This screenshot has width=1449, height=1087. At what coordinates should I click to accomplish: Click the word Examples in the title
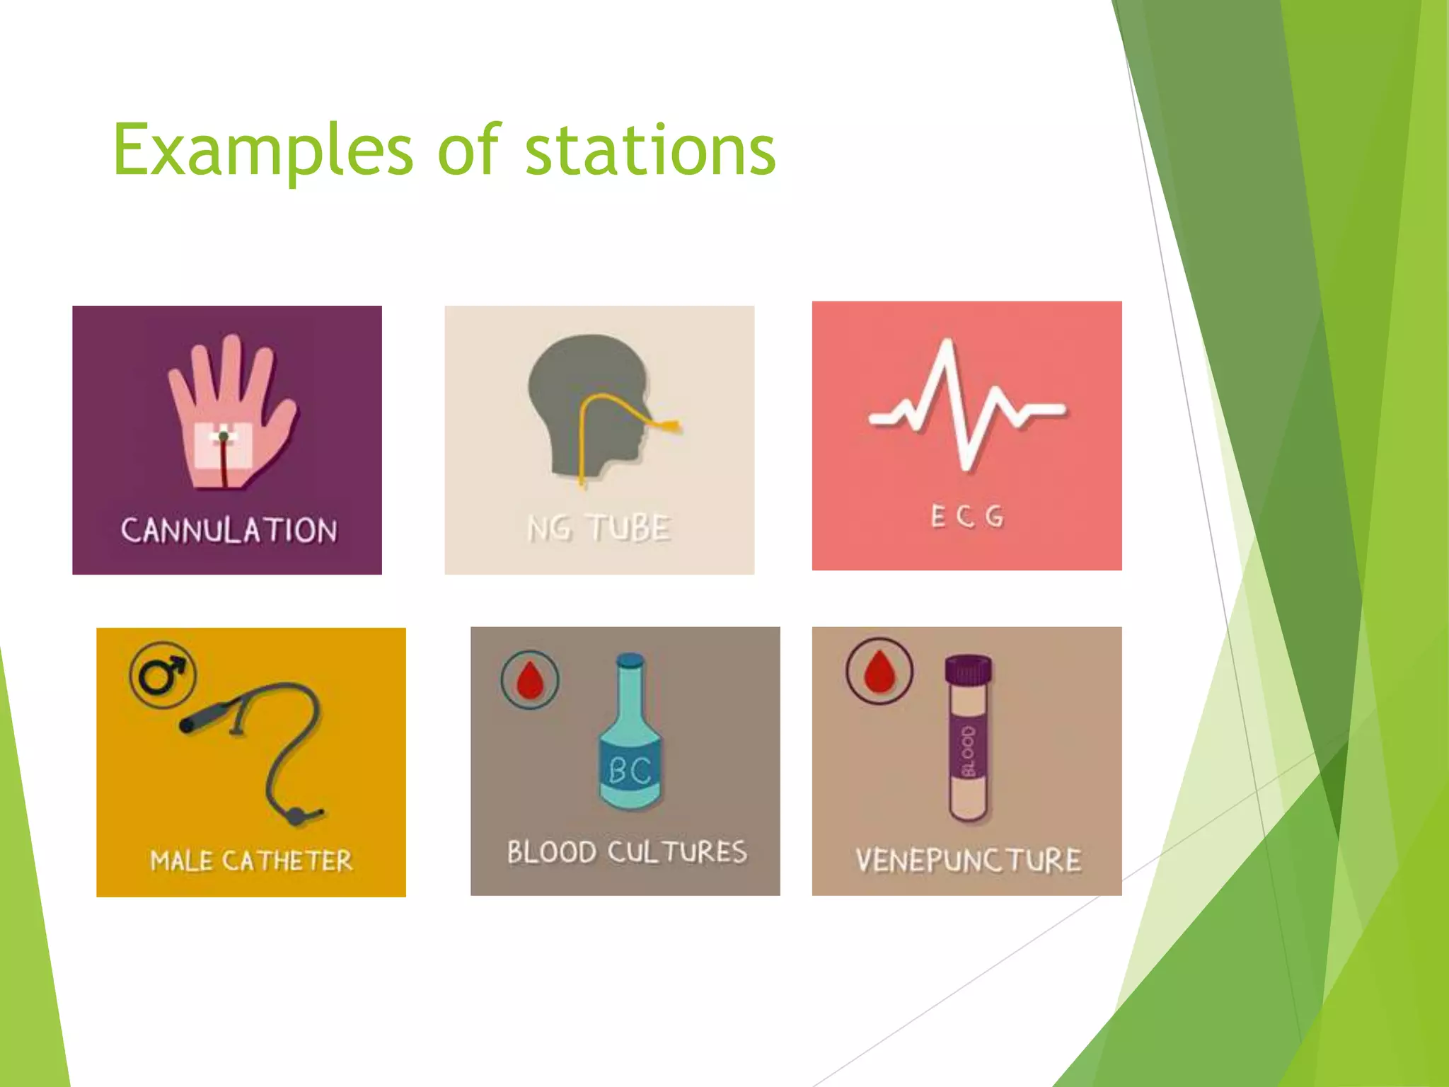(x=262, y=150)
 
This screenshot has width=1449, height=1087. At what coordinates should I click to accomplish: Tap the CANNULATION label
(x=229, y=531)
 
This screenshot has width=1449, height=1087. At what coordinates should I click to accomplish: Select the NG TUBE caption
(x=599, y=529)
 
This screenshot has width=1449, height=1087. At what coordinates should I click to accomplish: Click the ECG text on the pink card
(x=966, y=517)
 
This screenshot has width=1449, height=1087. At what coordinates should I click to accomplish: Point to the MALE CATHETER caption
(x=250, y=861)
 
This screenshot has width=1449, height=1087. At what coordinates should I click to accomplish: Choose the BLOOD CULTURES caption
(x=626, y=852)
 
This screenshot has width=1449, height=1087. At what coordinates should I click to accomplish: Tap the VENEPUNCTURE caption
(x=967, y=861)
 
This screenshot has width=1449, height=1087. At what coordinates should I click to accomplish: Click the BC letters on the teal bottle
(x=630, y=770)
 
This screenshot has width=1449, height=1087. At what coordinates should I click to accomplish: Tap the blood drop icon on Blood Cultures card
(x=529, y=680)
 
